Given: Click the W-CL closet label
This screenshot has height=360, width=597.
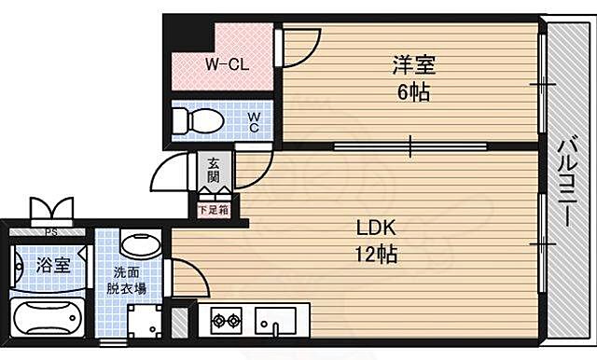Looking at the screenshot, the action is coord(225,66).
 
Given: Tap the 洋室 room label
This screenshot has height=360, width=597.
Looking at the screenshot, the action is coord(410,66).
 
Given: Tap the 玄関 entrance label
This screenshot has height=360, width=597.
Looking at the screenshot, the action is coord(214,171).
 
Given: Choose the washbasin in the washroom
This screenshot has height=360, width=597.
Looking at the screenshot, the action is coord(140,247).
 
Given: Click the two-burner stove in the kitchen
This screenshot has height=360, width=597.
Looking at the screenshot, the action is coord(227,322).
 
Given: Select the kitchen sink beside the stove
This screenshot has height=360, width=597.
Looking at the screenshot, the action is coord(275,322).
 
